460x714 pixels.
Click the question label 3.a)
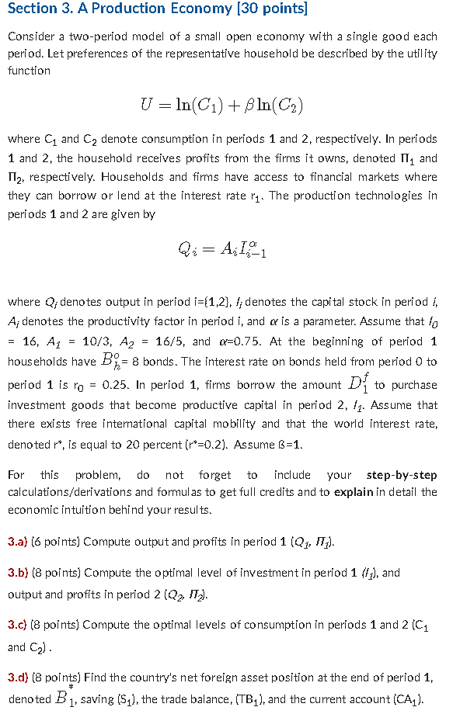pos(18,542)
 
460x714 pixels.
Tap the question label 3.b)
pos(18,573)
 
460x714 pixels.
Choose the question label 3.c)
pos(18,624)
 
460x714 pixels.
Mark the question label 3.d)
pos(18,677)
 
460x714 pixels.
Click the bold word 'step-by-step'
pos(401,475)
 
